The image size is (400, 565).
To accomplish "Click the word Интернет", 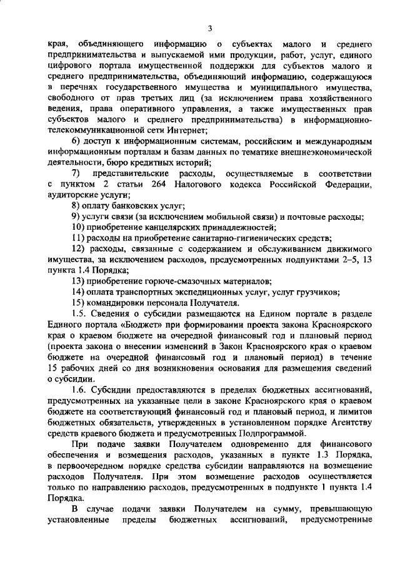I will (x=187, y=130).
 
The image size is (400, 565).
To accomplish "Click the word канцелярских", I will (x=164, y=227).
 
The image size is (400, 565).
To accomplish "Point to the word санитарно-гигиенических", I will (x=237, y=237).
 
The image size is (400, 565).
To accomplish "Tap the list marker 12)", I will (x=78, y=248).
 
